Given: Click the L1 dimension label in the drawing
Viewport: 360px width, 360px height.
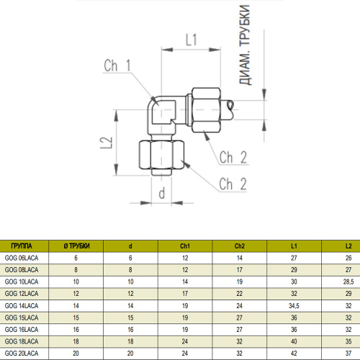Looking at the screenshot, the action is click(x=191, y=40).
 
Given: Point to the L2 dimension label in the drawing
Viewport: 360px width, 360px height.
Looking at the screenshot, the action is click(x=107, y=143).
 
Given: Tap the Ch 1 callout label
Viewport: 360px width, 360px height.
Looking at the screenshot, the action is click(x=117, y=66).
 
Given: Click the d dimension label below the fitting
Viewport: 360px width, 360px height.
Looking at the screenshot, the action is click(x=162, y=193).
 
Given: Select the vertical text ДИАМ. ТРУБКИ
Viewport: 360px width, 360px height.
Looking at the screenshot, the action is click(x=245, y=45).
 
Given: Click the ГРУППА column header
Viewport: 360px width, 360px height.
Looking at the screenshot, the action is click(x=22, y=246).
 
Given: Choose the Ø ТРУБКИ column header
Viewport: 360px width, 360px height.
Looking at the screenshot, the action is click(x=76, y=246).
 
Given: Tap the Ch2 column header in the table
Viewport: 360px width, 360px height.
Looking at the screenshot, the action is click(x=240, y=246).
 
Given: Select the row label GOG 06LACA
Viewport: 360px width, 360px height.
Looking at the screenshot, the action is click(x=22, y=258).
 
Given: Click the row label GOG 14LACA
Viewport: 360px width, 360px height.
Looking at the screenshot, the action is click(x=22, y=306).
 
